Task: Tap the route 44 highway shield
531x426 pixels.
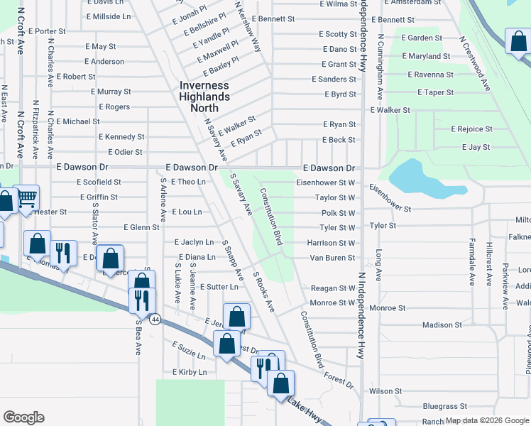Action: pos(155,319)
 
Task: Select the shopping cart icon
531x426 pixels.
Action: pos(26,198)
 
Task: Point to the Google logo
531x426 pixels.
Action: pos(23,417)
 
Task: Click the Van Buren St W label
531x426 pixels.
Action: pos(332,258)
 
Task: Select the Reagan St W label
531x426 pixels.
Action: pos(333,288)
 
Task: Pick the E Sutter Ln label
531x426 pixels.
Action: pos(219,286)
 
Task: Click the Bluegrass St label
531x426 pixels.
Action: pos(444,407)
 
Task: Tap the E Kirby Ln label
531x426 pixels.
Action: pos(189,372)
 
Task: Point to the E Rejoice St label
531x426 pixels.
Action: pos(471,129)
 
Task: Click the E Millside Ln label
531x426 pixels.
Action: pos(107,16)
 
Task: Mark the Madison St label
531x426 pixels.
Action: pos(442,324)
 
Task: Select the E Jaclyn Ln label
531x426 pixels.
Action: pos(194,242)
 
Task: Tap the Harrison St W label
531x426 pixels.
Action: pos(331,243)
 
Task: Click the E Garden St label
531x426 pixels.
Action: pos(422,38)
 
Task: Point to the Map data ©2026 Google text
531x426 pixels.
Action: pos(486,421)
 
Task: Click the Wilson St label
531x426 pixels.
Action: pos(385,391)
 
